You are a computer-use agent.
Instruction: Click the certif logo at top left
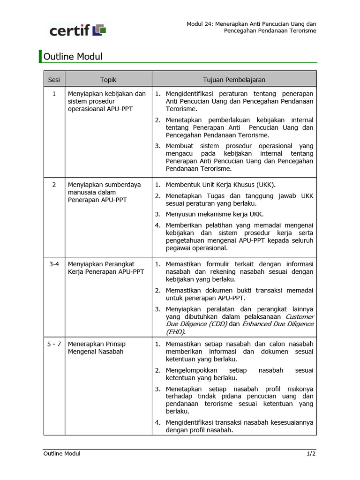(x=78, y=30)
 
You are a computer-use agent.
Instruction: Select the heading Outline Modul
(x=73, y=57)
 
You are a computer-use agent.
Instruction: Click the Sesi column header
(x=54, y=80)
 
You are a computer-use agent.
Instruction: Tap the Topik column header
(x=108, y=80)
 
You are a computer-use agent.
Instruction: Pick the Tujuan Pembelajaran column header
(x=234, y=80)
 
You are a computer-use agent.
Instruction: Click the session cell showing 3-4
(x=54, y=264)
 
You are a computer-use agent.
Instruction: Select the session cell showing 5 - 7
(x=54, y=344)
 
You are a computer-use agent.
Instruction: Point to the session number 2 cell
(x=54, y=185)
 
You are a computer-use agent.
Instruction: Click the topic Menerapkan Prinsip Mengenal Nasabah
(x=97, y=347)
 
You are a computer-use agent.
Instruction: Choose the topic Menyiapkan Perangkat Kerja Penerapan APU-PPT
(x=106, y=268)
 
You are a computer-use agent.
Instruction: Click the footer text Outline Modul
(x=62, y=453)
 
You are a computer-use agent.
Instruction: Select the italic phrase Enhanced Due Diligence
(x=278, y=324)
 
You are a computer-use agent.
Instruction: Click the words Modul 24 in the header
(x=201, y=23)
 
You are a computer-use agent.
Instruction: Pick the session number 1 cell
(x=54, y=94)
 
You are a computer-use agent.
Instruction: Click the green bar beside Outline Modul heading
(x=40, y=56)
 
